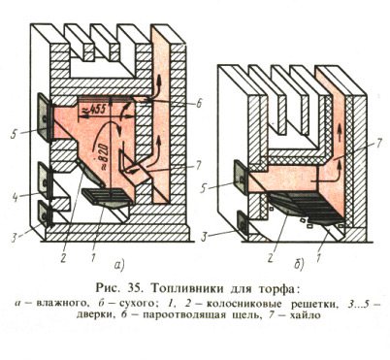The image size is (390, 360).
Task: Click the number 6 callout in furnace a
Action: [x=197, y=100]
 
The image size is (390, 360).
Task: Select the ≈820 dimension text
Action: [x=97, y=147]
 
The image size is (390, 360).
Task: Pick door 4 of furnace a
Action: [x=44, y=178]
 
